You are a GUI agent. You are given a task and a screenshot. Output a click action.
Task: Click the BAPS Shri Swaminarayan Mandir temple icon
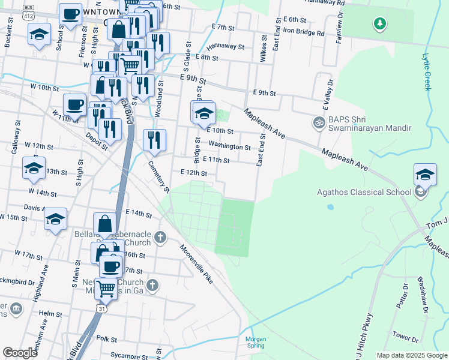318,122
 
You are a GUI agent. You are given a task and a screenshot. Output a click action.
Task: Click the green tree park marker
379,23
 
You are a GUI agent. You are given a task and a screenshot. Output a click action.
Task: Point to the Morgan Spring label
256,342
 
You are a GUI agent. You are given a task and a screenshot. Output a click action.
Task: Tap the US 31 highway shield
103,308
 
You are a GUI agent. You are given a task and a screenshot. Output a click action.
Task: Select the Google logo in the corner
20,353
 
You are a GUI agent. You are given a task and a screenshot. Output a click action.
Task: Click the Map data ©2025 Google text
411,355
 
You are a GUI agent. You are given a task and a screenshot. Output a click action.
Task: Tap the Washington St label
229,146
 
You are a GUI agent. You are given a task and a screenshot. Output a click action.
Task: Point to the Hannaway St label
225,46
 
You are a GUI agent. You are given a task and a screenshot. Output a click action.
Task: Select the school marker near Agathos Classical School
425,175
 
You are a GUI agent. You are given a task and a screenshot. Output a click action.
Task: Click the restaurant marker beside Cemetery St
154,140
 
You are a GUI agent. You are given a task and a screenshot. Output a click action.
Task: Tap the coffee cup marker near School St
70,14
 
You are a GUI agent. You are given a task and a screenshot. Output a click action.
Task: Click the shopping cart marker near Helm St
106,289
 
